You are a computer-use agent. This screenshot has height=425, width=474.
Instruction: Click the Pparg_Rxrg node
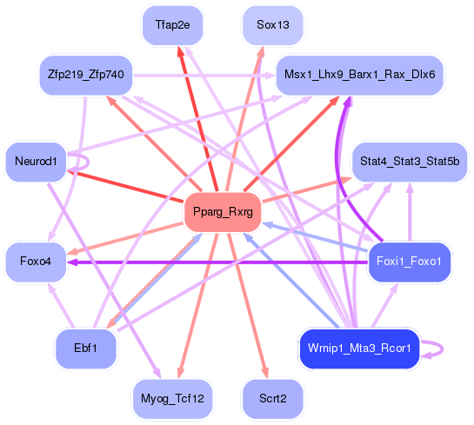[x=224, y=212]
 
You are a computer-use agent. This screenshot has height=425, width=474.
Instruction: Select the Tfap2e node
[x=172, y=25]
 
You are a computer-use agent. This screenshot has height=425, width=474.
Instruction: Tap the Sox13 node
[x=273, y=25]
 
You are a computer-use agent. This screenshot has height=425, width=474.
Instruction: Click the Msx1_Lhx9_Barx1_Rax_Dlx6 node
[x=359, y=76]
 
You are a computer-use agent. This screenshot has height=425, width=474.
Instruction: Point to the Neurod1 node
[x=36, y=162]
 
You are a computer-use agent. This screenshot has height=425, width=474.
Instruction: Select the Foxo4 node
[x=36, y=261]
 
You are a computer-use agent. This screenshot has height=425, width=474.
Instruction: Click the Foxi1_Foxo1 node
[x=409, y=261]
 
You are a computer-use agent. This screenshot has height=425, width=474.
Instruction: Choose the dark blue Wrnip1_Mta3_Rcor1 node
[x=359, y=348]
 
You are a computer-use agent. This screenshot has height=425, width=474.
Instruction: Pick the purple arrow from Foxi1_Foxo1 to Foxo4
[x=217, y=261]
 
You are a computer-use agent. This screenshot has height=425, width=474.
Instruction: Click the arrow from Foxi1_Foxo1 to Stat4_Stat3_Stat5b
[x=410, y=213]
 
